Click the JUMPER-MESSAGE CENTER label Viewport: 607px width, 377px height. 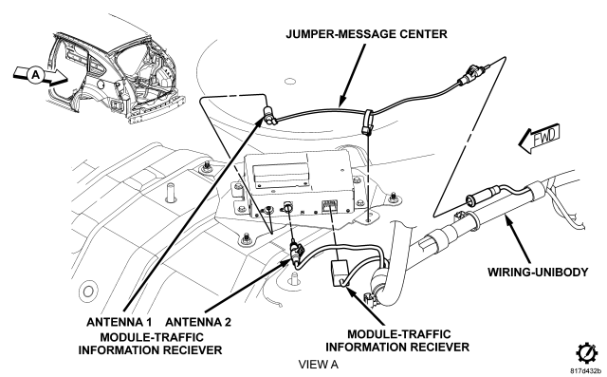point(366,34)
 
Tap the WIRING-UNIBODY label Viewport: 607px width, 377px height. point(538,272)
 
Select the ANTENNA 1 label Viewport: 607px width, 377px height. point(119,322)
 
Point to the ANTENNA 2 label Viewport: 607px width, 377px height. point(198,322)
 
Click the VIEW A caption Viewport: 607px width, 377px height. point(319,365)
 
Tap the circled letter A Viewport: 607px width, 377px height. point(36,74)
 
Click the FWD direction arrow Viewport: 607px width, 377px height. point(540,139)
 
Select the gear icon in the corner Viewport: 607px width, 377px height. point(587,353)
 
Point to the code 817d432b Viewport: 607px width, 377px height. point(586,370)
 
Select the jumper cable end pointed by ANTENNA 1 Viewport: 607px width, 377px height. point(269,115)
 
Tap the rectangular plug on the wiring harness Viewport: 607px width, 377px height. point(340,273)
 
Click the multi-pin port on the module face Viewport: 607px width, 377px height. point(330,204)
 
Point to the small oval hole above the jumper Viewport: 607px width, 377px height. point(290,82)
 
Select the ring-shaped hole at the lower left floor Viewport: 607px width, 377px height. point(88,291)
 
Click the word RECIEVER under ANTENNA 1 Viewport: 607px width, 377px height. point(192,349)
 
